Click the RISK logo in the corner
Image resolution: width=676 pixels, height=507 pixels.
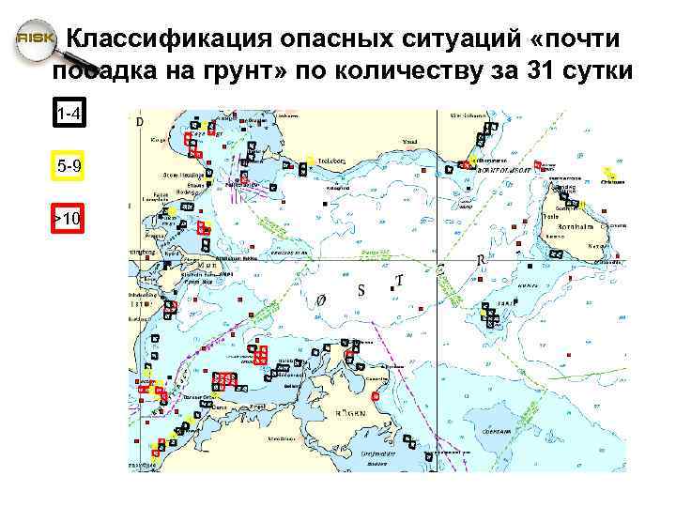(32, 40)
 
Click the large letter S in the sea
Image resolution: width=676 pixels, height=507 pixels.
(361, 290)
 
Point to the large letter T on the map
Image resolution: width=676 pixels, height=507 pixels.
(399, 280)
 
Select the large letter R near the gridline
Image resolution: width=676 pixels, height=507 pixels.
(480, 260)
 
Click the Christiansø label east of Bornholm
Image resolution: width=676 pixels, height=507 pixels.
(615, 183)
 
